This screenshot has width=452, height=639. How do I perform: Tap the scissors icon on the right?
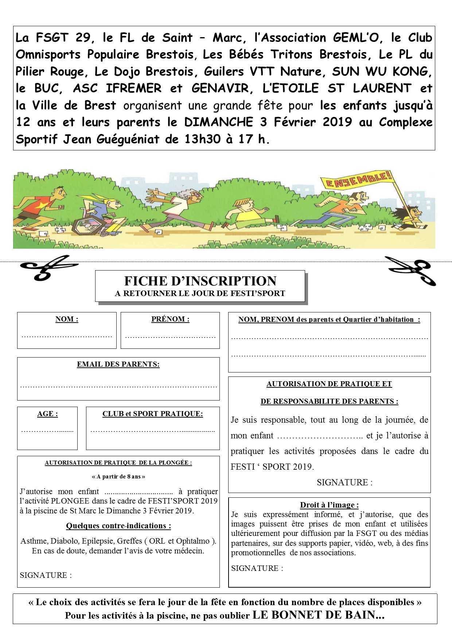coord(410,270)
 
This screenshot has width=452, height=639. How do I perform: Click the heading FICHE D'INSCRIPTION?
coord(200,281)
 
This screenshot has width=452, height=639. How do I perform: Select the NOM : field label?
coord(67,319)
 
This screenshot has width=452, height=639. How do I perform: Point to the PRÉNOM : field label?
coord(170,319)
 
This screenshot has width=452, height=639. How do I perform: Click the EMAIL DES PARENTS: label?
coord(118,364)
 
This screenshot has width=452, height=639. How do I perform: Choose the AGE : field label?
coord(47,414)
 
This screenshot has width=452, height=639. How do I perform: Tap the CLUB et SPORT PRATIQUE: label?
coord(153,414)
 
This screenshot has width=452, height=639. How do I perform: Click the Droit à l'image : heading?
coord(329,505)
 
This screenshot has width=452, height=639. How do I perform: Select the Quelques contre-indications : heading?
coord(118,526)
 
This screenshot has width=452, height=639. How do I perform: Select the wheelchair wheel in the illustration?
coord(85,228)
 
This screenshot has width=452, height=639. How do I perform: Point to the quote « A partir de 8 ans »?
coord(118,476)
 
